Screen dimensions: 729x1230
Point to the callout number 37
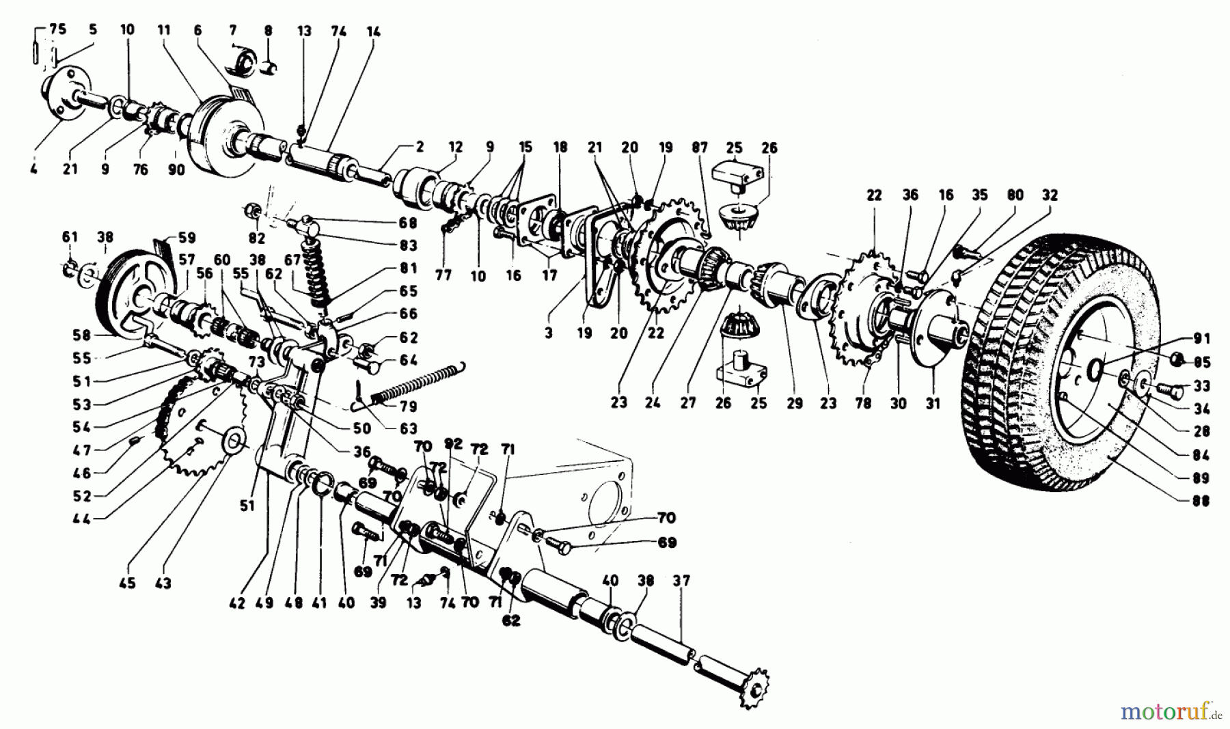[681, 581]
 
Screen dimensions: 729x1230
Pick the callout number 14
[373, 31]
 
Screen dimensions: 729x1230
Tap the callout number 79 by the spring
[408, 407]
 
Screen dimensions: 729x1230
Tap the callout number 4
[33, 169]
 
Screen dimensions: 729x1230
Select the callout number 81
[409, 268]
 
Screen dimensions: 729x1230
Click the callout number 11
[163, 29]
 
